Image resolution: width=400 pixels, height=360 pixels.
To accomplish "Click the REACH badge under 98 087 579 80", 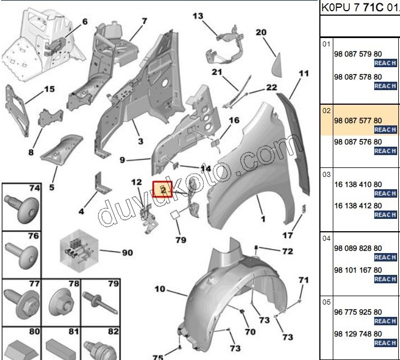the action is [x=385, y=63].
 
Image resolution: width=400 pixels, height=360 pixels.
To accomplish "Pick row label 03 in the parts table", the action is [x=326, y=175].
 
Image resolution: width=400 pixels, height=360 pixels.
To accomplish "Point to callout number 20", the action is [x=261, y=32].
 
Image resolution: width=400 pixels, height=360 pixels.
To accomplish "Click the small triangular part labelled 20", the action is [x=277, y=66].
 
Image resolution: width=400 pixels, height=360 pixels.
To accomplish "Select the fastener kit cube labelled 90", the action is [x=79, y=250].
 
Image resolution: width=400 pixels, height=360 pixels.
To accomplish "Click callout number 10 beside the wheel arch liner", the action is [x=160, y=289].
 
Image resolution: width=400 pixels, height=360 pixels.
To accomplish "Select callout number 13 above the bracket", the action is [x=198, y=16].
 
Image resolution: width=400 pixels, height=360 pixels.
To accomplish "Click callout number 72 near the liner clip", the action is [x=287, y=251].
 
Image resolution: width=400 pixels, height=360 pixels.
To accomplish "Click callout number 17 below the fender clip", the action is [x=287, y=235].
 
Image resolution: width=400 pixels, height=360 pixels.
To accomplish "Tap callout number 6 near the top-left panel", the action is [x=85, y=22].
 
